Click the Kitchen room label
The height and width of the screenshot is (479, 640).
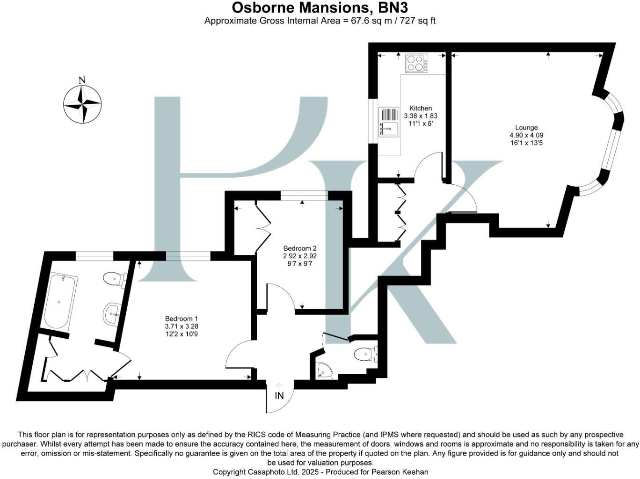pos(421,108)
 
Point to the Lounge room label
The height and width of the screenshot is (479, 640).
pos(526,127)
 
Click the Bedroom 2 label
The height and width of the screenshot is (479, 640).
pos(300,248)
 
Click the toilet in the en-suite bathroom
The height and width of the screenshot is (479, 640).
pos(113,279)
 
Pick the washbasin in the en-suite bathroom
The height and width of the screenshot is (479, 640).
pos(113,312)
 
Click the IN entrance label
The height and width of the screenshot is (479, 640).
pos(279,396)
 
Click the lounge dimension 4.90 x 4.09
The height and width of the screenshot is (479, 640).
pos(526,135)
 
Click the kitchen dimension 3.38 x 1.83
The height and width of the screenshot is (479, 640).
pos(421,116)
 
